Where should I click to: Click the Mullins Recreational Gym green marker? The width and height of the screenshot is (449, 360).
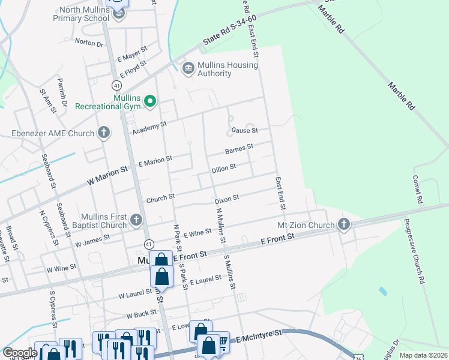[x=150, y=101]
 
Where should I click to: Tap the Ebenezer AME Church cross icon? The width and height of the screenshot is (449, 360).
[x=104, y=133]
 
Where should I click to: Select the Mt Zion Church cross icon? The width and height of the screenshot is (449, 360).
[x=343, y=225]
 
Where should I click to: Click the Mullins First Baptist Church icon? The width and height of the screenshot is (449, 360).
[x=136, y=221]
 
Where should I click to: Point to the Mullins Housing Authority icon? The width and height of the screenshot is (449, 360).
[x=188, y=68]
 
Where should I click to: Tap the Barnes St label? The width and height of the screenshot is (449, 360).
[x=239, y=148]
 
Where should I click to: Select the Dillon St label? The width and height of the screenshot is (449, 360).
[x=224, y=169]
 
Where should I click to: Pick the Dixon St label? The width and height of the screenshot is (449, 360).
[x=227, y=197]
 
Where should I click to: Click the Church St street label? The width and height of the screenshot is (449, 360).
[x=160, y=197]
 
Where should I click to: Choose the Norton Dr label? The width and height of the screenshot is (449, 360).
[x=89, y=43]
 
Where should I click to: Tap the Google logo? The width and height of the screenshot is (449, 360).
[x=19, y=353]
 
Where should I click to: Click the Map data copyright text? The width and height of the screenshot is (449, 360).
[x=423, y=355]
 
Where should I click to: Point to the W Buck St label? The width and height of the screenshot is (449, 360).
[x=141, y=314]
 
